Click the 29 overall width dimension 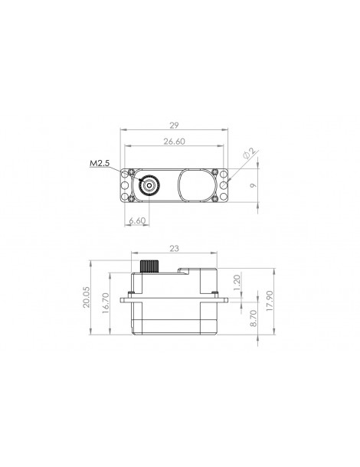(x=174, y=126)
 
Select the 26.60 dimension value (x=174, y=142)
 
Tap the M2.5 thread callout (x=100, y=163)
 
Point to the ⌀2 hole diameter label (x=250, y=154)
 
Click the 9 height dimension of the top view (x=254, y=185)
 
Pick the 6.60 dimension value (x=137, y=220)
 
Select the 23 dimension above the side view (x=174, y=248)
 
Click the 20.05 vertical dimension (x=86, y=297)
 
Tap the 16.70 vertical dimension (x=106, y=303)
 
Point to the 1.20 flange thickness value (x=237, y=283)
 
